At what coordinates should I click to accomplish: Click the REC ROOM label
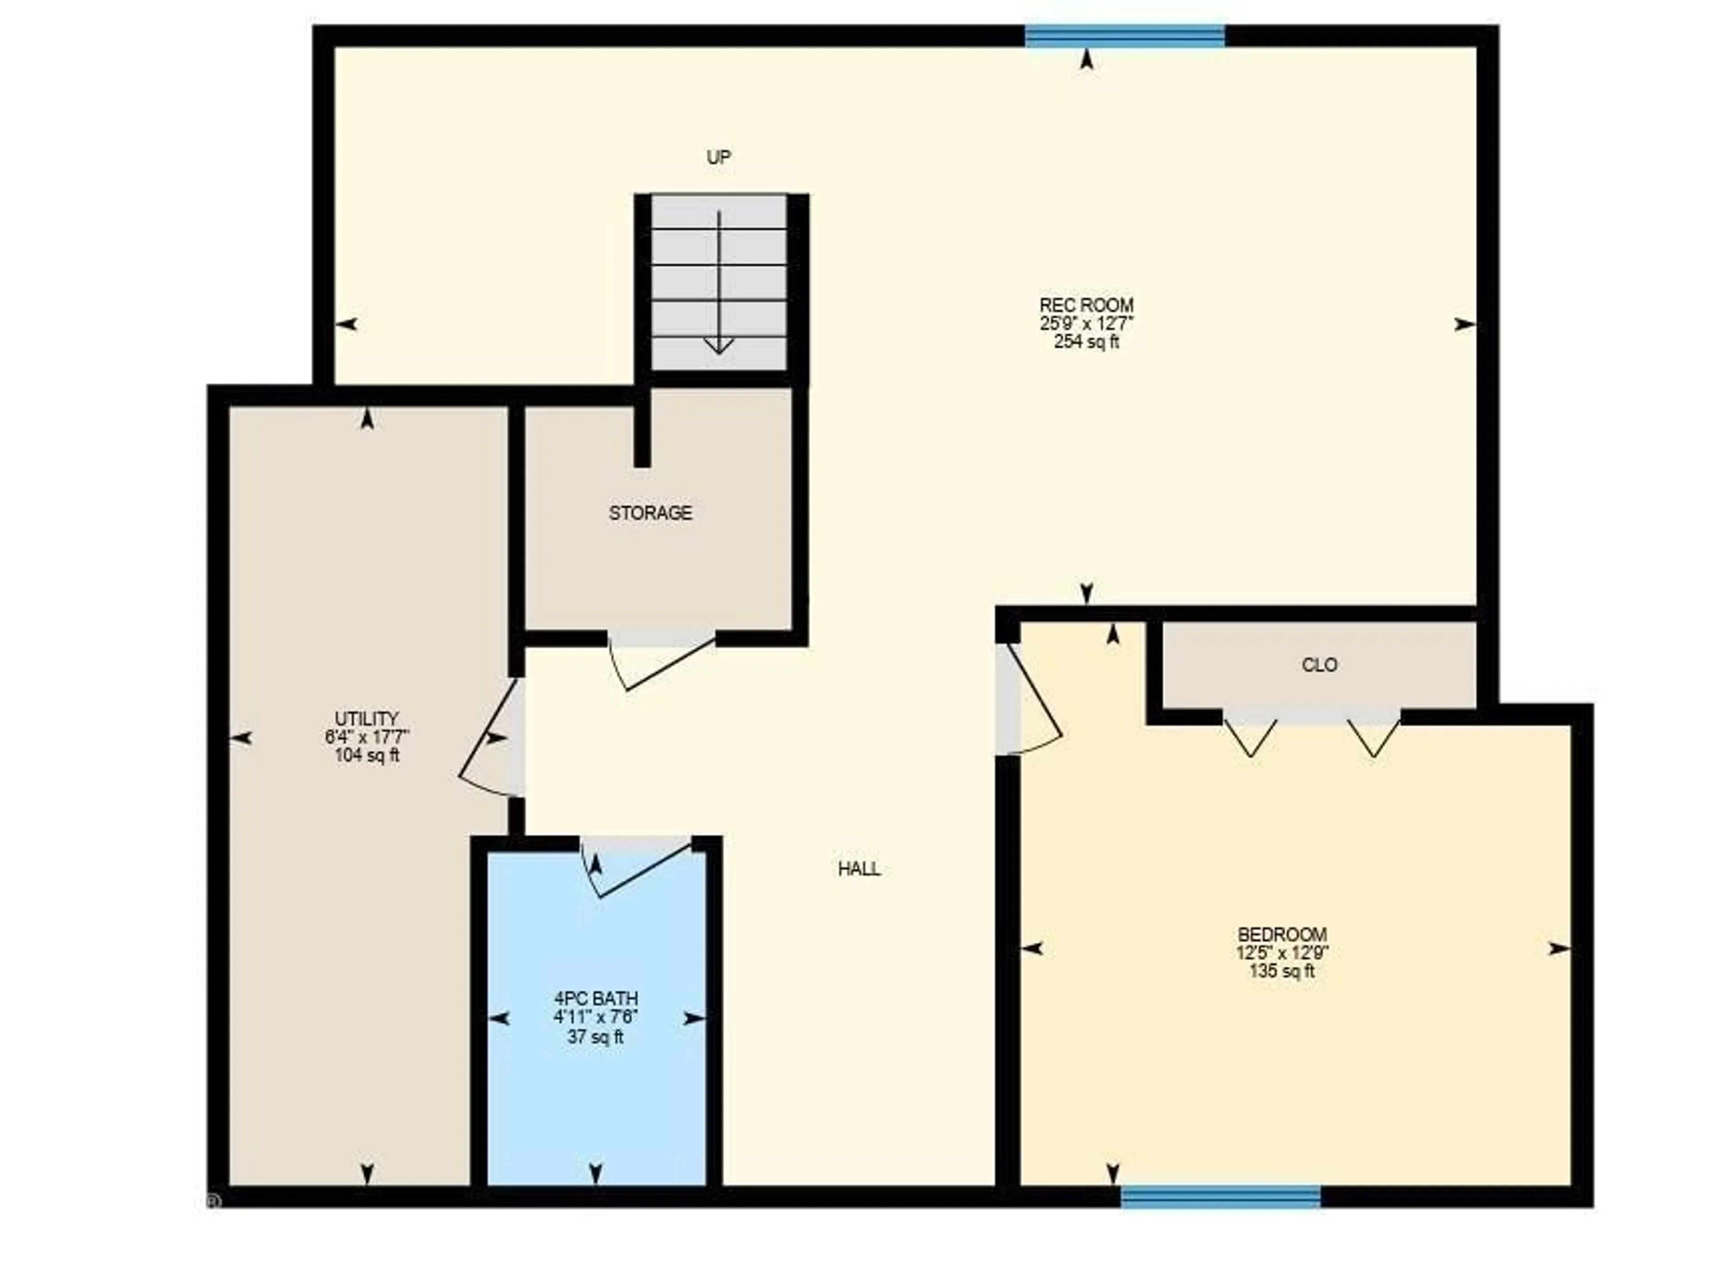tap(1086, 305)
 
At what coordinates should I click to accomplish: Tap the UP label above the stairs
tap(719, 157)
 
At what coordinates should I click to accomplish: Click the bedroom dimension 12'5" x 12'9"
tap(1282, 953)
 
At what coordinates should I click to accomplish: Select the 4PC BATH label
tap(596, 999)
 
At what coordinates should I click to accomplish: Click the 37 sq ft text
tap(596, 1037)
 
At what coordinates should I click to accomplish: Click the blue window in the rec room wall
tap(1125, 36)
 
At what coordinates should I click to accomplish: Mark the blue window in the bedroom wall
tap(1221, 1197)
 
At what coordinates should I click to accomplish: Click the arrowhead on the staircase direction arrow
tap(719, 345)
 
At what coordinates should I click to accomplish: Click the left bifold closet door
tap(1250, 735)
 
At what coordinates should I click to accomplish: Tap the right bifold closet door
tap(1374, 735)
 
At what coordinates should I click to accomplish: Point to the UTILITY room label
tap(367, 719)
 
